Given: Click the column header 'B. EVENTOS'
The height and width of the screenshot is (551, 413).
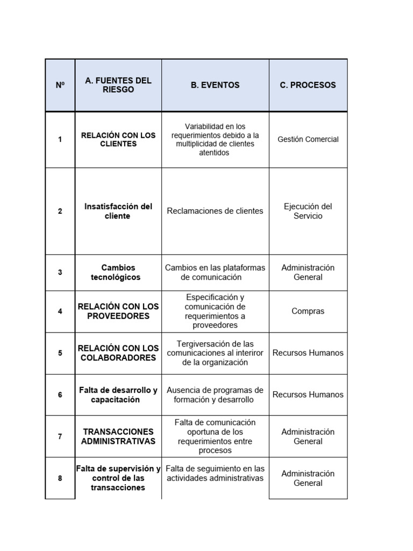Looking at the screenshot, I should [215, 85].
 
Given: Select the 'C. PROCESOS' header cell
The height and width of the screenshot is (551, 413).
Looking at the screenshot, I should [308, 85].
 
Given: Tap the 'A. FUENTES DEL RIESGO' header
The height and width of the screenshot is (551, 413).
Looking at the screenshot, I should [118, 85].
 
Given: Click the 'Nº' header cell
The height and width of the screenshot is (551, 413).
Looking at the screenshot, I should [60, 85].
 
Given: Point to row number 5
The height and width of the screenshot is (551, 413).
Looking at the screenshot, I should [60, 353].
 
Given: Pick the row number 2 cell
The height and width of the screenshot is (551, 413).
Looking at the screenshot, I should [60, 211].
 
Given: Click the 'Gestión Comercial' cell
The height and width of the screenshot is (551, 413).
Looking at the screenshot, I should [308, 139].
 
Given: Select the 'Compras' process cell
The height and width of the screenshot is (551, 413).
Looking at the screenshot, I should [308, 311].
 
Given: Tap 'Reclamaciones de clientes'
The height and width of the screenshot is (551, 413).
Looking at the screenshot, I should [215, 211].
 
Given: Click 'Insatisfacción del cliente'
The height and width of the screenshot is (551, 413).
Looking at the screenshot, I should [118, 211].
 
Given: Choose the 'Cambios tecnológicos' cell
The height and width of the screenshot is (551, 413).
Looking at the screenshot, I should [118, 272].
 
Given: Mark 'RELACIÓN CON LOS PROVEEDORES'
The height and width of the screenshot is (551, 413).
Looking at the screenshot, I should [118, 311].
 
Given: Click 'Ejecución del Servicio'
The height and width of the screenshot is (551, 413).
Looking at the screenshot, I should [308, 211].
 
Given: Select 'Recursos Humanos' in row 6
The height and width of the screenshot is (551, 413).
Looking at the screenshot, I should [308, 394].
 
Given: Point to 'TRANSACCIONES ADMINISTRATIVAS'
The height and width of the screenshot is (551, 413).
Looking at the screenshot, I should [118, 436].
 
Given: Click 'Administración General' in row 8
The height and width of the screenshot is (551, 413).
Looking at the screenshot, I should [308, 478].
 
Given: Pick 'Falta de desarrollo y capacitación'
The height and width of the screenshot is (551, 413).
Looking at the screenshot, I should [118, 394].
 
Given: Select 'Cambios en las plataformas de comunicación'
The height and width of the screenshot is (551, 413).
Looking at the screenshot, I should [215, 272].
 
